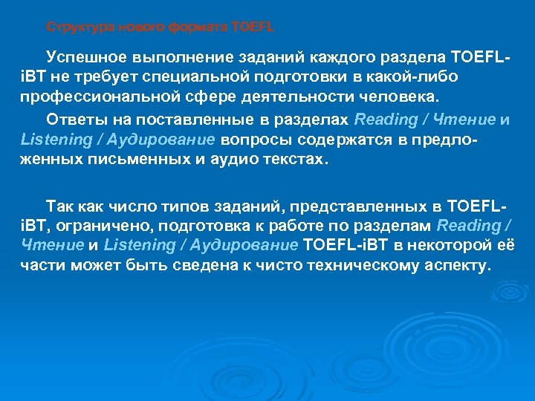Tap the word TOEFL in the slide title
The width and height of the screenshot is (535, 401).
coord(253,27)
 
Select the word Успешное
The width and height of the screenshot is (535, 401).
coord(87,57)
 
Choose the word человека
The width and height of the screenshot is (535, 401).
coord(403,97)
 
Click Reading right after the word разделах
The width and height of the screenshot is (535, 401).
coord(386,120)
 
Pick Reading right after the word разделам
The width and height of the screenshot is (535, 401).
coord(469,225)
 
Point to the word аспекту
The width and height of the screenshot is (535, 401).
coord(454,265)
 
